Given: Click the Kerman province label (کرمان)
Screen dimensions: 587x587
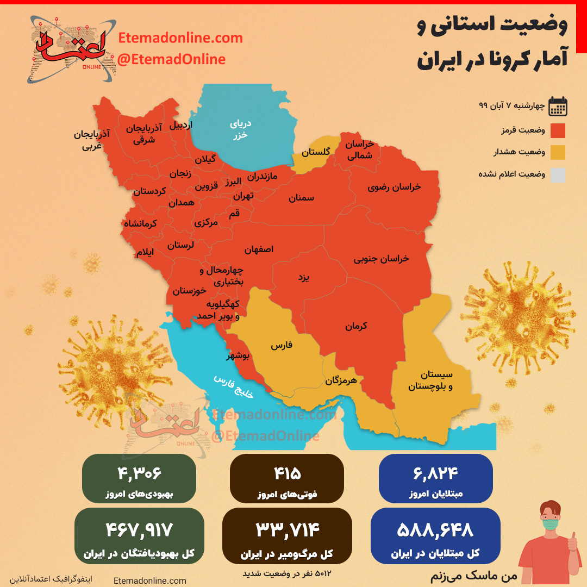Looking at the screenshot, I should pyautogui.click(x=356, y=326).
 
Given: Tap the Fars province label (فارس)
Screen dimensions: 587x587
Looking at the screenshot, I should pyautogui.click(x=282, y=345).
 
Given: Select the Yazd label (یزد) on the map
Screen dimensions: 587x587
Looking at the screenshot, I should pyautogui.click(x=303, y=278).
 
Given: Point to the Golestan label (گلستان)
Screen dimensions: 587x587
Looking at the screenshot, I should pyautogui.click(x=316, y=152).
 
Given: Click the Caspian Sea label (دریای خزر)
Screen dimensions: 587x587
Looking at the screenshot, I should pyautogui.click(x=240, y=129).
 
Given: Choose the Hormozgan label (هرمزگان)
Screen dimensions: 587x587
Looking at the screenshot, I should pyautogui.click(x=341, y=380).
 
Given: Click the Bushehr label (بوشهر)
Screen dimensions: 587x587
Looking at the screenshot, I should pyautogui.click(x=238, y=356).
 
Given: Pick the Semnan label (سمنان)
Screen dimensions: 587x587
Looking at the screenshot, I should pyautogui.click(x=301, y=198).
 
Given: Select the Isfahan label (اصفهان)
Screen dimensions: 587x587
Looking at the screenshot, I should pyautogui.click(x=259, y=249).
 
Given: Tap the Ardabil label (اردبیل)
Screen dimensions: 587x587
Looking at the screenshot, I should pyautogui.click(x=181, y=125).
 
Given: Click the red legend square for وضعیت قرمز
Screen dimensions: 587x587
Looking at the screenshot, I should pyautogui.click(x=558, y=131).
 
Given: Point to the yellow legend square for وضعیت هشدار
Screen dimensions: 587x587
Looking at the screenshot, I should pyautogui.click(x=558, y=153).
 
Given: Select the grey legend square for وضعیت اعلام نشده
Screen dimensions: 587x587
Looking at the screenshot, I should pyautogui.click(x=558, y=175).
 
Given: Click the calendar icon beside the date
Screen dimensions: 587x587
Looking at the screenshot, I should pyautogui.click(x=558, y=107).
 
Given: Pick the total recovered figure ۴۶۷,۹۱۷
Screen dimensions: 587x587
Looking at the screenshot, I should pyautogui.click(x=140, y=529).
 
